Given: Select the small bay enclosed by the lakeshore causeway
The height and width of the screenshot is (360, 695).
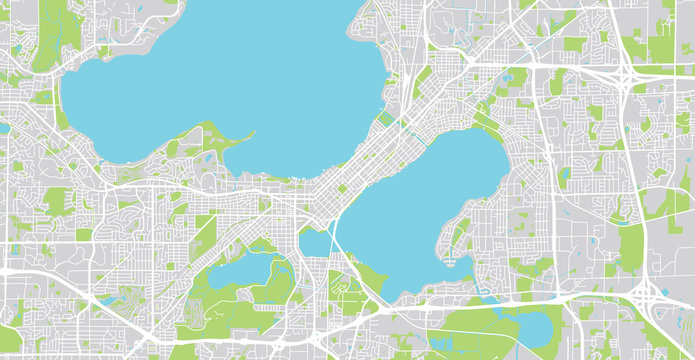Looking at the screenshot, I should click(x=316, y=243).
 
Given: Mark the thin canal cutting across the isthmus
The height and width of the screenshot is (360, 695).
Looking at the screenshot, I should click(x=404, y=130).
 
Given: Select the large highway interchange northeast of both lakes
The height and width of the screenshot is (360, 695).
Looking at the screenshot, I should click(x=625, y=75).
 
